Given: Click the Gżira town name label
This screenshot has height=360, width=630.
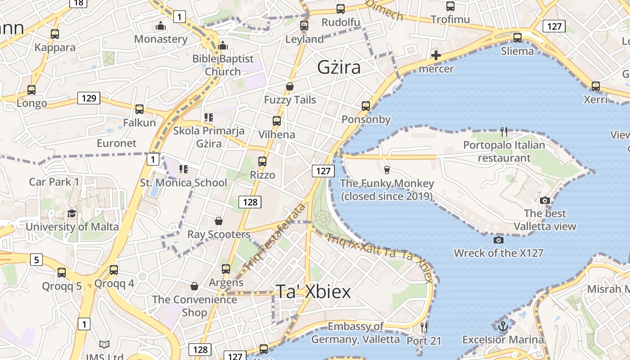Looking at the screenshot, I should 339,67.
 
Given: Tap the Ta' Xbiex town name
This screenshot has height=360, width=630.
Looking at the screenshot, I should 313,292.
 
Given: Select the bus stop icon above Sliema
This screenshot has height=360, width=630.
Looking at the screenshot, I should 517,37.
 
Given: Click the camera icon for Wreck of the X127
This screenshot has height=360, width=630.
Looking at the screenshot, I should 498,240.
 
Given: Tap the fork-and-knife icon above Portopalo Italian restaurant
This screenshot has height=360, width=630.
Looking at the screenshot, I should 504,131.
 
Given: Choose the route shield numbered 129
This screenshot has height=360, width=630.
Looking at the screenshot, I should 88,98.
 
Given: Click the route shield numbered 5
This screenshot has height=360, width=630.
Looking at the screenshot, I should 36,260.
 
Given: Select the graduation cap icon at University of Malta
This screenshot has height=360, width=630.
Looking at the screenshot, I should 72,213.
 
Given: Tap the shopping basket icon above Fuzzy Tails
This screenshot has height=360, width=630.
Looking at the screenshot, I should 290,86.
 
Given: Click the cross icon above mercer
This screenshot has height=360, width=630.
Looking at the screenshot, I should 436,55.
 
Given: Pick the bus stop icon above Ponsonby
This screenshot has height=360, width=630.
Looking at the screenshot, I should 366,106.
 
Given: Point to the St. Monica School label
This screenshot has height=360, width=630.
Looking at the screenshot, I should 184,183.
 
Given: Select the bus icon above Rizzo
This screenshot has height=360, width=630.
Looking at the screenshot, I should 262,161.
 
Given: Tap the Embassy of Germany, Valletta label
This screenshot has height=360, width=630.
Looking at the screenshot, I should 355,333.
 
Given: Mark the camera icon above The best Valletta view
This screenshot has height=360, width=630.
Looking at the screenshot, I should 545,200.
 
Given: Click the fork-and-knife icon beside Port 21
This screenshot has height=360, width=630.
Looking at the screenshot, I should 423,327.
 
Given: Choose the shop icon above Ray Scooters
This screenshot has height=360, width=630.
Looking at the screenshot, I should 218,221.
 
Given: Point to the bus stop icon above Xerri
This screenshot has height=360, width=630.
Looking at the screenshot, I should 596,86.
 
